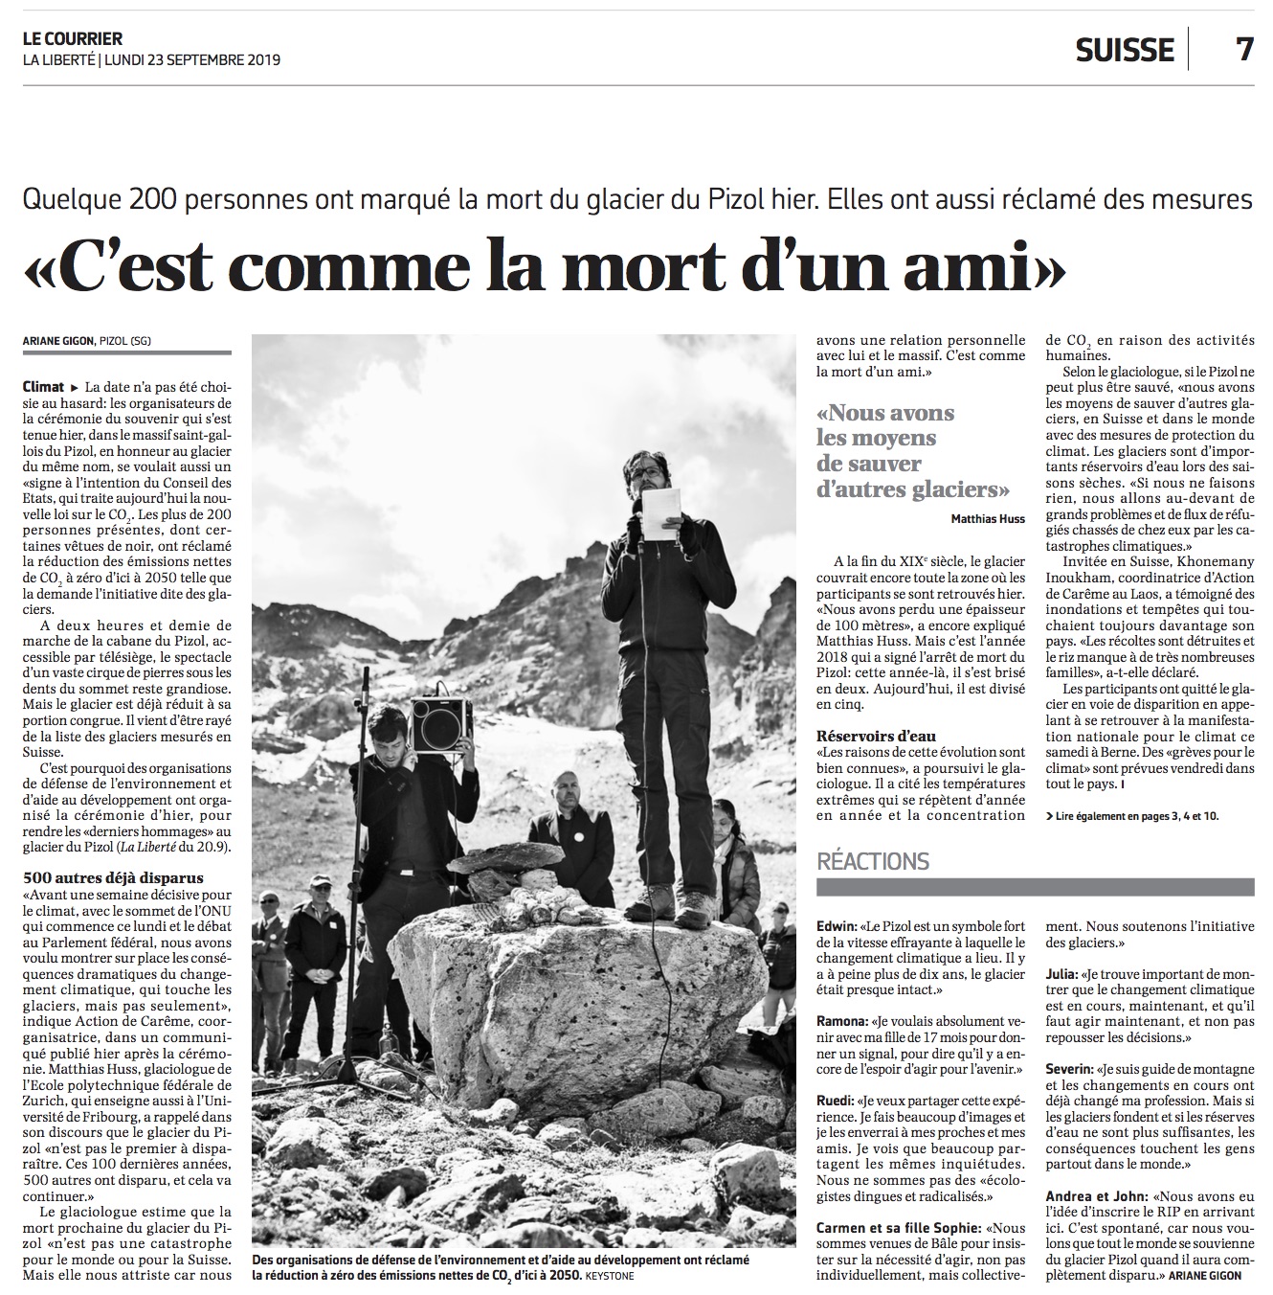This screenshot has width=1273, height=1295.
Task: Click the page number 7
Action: pos(1243,48)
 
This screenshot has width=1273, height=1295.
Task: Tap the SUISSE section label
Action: pos(1125,50)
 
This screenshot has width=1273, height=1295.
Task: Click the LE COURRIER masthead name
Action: pos(73,39)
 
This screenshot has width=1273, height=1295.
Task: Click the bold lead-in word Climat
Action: pos(44,387)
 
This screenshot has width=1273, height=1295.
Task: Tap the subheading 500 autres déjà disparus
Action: pos(113,877)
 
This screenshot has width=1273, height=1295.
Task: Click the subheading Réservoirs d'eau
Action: pos(876,736)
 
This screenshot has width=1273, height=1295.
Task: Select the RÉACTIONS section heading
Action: pos(873,861)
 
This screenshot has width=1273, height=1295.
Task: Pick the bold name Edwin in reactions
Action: pos(837,927)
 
